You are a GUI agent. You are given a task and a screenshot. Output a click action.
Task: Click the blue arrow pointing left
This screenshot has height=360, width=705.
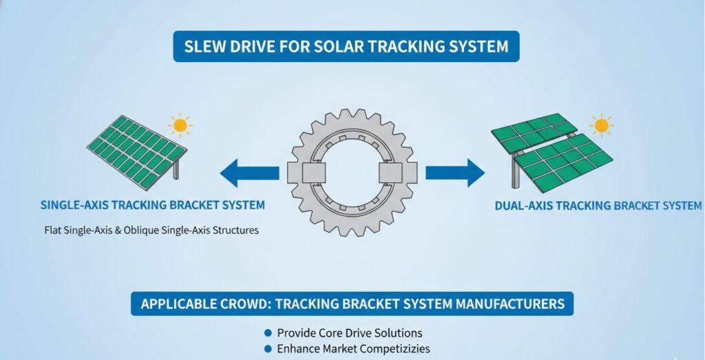250,173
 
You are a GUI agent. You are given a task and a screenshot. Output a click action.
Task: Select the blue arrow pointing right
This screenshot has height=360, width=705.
454,173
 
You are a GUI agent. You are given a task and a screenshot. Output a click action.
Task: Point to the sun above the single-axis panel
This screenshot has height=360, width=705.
180,125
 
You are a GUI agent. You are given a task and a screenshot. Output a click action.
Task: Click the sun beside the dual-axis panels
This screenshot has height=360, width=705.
601,126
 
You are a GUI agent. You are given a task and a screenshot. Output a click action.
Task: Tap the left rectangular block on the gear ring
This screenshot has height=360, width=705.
294,173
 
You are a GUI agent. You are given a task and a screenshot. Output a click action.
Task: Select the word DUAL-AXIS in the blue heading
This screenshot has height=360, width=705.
527,205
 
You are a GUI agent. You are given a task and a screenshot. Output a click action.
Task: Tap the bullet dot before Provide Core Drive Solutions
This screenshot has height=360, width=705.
268,333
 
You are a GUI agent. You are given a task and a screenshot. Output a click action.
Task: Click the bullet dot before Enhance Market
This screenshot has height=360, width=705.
268,348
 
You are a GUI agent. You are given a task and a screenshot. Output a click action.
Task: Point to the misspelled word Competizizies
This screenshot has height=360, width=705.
390,348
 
